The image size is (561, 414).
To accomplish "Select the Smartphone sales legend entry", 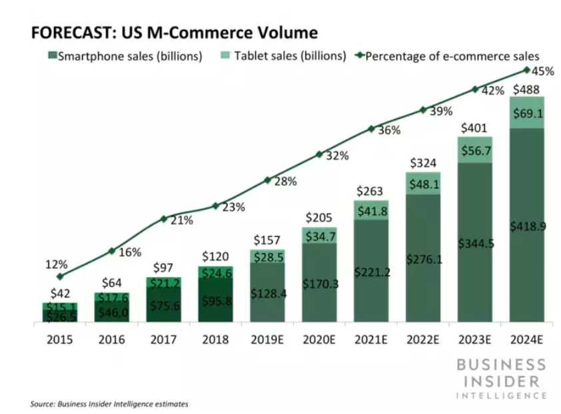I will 124,56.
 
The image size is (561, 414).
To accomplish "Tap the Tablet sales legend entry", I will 282,56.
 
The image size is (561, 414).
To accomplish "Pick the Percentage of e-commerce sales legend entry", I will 446,56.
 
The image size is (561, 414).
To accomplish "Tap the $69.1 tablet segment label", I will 527,113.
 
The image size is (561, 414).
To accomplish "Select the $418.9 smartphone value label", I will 527,227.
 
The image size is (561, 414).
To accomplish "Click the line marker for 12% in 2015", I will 60,276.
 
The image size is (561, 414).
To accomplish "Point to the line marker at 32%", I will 319,155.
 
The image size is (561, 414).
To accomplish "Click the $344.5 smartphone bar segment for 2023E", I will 475,244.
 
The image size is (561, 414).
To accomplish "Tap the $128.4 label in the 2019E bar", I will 267,293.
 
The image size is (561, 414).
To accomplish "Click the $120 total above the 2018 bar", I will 215,257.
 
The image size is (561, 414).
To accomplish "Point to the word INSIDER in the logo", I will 501,380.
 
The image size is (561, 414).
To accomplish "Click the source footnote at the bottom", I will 109,403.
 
